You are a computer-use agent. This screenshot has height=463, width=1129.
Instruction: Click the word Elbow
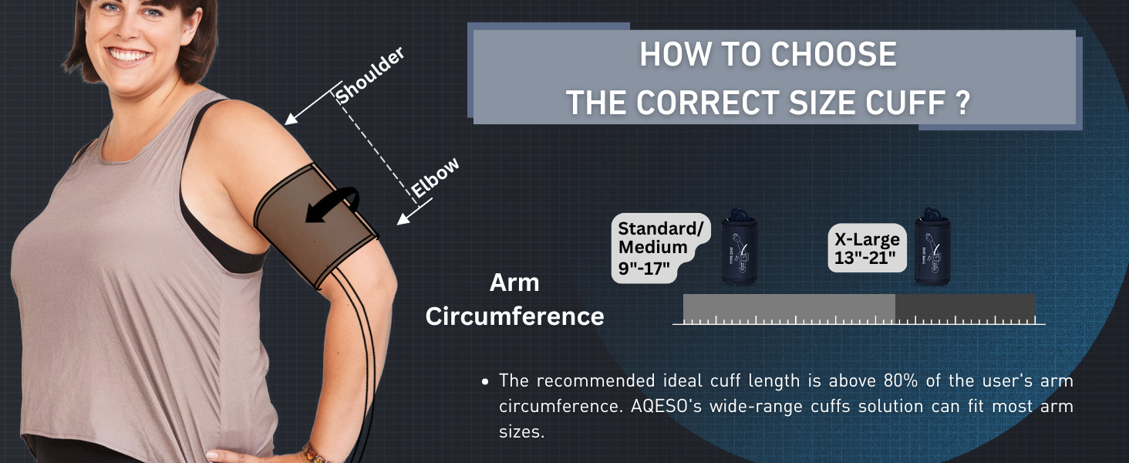[435, 177]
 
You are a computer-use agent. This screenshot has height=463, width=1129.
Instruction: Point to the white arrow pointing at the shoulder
[309, 106]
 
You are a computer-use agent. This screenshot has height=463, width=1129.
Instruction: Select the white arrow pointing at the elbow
[413, 213]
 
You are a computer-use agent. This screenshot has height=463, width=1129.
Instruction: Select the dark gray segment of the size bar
[964, 306]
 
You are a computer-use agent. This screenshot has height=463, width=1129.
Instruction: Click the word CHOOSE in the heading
[834, 56]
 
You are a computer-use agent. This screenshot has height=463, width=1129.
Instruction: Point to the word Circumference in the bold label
[514, 316]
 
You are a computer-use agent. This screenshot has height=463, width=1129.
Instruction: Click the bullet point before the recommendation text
[484, 382]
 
